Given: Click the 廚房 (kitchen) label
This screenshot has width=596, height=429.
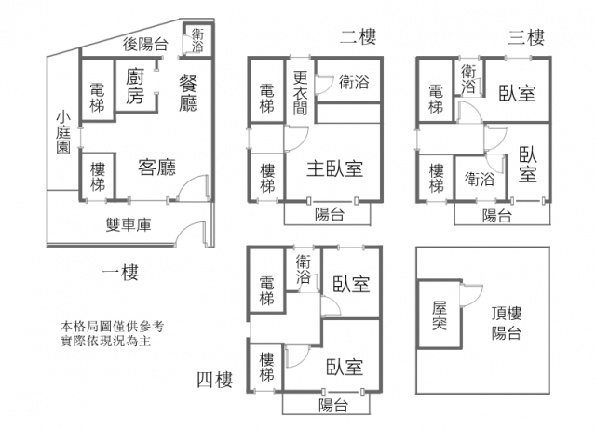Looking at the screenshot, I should click(134, 87).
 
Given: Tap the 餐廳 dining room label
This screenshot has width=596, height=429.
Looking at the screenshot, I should click(188, 90).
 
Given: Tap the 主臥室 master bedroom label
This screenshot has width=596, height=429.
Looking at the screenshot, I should click(334, 168).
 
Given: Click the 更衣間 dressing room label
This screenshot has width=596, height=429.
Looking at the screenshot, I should click(300, 93).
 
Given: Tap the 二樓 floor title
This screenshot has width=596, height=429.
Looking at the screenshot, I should click(358, 37).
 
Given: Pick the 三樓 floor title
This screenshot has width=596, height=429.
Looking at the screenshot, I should click(525, 37).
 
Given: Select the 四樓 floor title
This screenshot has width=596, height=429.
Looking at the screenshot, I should click(214, 379).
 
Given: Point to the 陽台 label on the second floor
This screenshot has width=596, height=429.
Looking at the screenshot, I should click(330, 215).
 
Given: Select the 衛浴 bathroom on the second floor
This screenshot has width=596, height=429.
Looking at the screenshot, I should click(353, 82).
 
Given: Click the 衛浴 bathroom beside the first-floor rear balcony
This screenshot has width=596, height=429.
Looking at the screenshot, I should click(198, 41).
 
